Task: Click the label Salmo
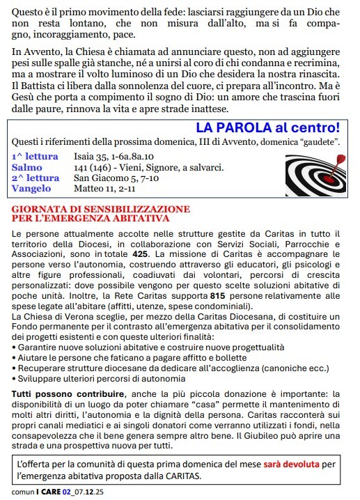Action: pos(26,167)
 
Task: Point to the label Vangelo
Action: pos(31,188)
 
